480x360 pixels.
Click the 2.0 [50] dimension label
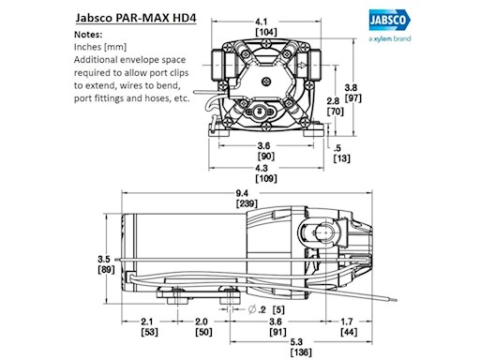coord(202,325)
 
